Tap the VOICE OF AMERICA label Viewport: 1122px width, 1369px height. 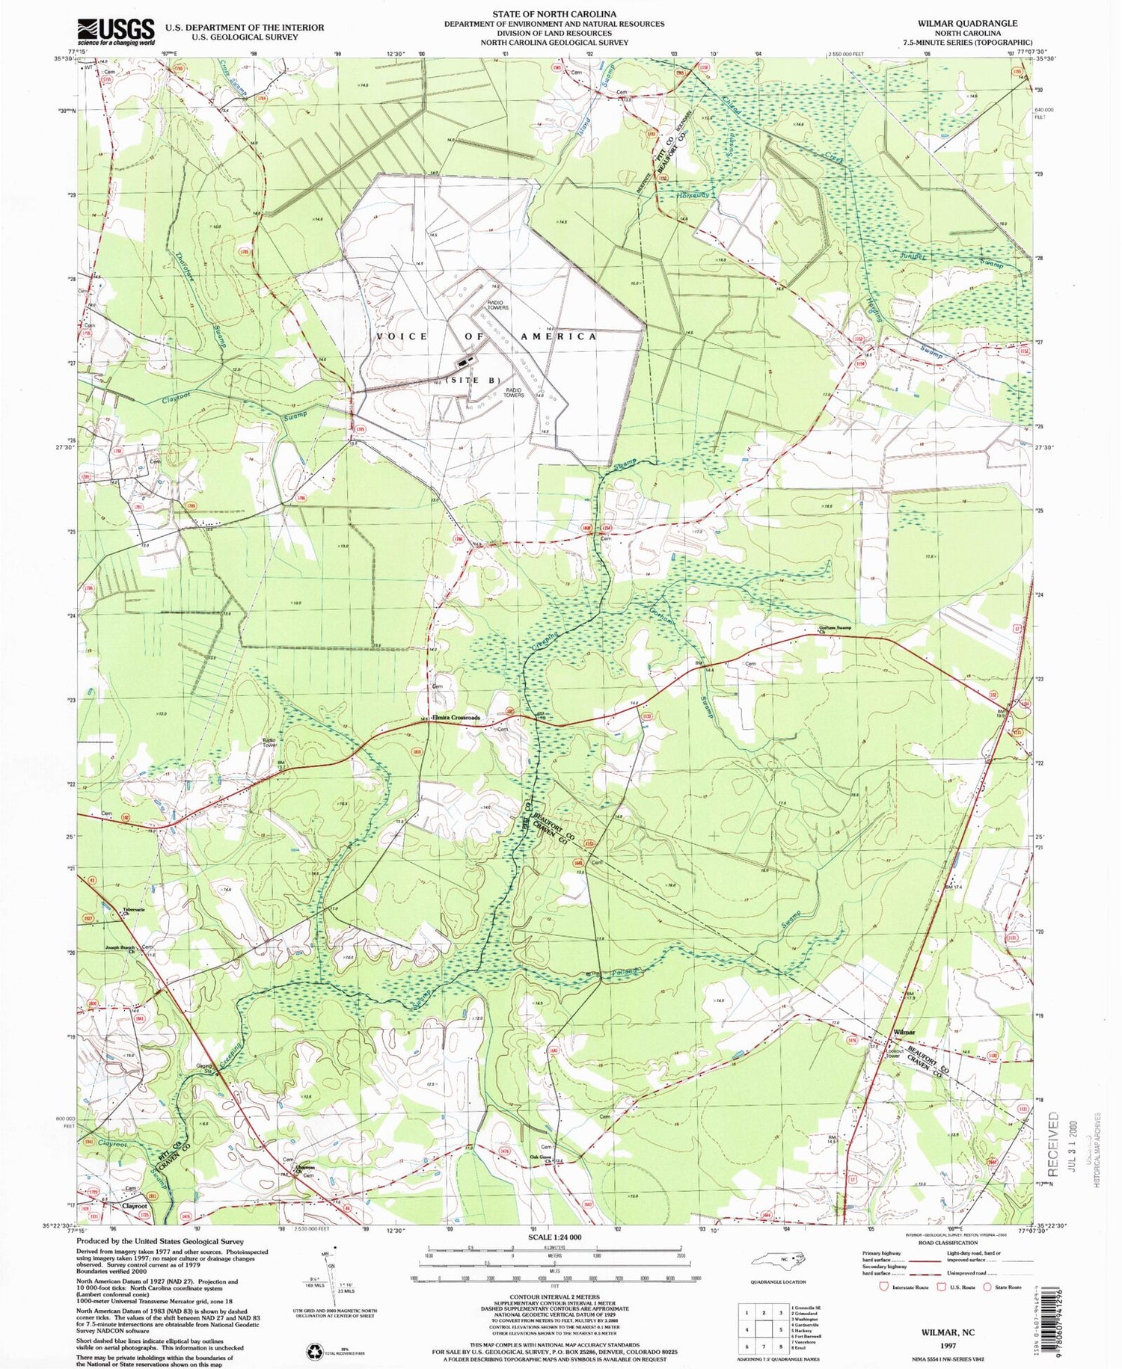487,336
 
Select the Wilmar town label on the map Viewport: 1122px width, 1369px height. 904,1033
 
